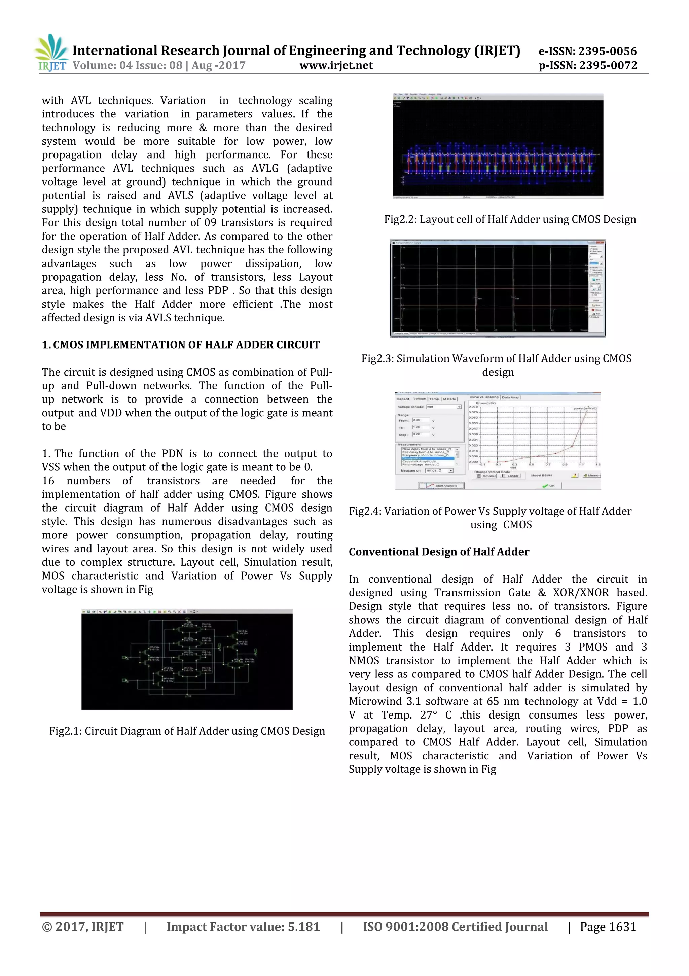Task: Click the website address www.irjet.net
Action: (336, 66)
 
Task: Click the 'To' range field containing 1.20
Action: (421, 427)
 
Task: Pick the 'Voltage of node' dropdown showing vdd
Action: (444, 407)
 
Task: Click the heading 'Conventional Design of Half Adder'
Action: (439, 552)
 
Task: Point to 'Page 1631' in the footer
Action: (608, 927)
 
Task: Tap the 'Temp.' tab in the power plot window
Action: (434, 399)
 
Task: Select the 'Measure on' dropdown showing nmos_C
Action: (439, 470)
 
